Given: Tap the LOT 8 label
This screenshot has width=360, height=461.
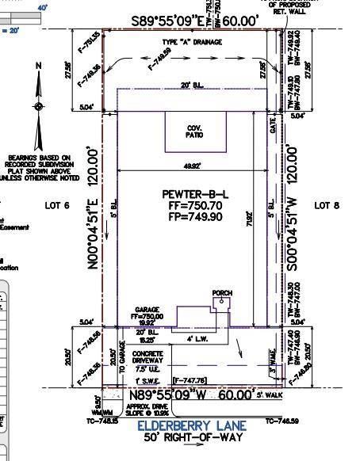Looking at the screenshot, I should click(x=327, y=206).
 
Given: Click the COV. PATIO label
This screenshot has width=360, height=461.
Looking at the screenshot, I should click(x=195, y=131).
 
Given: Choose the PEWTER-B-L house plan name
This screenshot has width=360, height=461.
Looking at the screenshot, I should click(x=195, y=194).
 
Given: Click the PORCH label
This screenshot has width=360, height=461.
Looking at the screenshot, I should click(x=222, y=294).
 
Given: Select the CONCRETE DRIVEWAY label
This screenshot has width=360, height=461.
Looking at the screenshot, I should click(x=148, y=357).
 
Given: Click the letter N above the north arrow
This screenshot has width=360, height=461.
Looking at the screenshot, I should click(x=39, y=67).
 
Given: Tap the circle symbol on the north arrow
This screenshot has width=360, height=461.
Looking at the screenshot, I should click(x=39, y=106).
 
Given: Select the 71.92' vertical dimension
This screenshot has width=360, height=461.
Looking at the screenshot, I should click(x=250, y=214).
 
